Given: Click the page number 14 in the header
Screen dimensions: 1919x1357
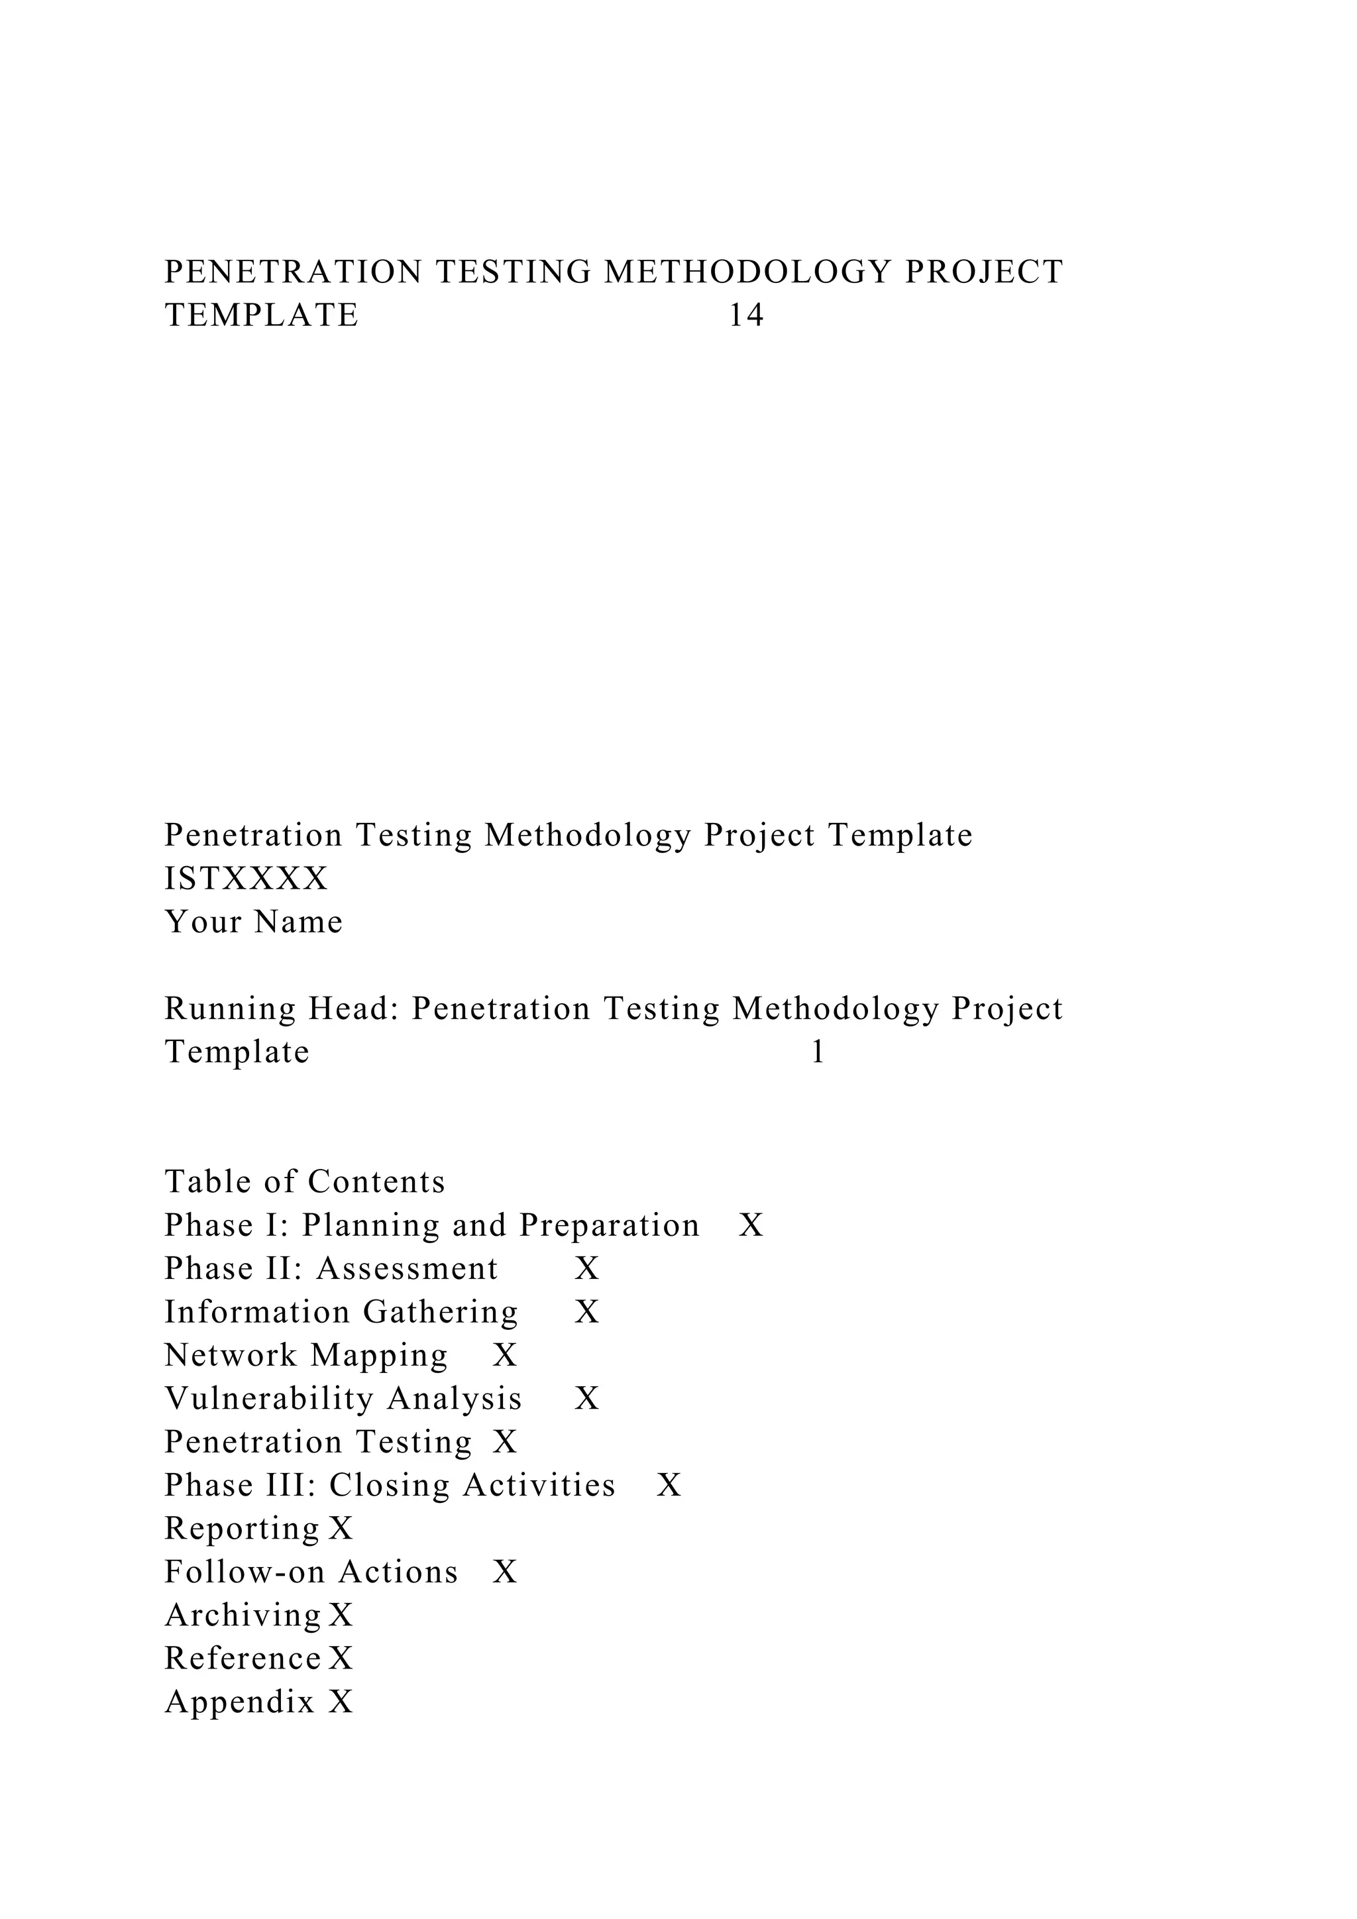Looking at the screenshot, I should click(x=746, y=316).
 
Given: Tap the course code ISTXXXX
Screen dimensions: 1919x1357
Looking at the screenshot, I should click(x=246, y=879).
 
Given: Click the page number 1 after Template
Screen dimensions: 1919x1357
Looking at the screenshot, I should click(x=818, y=1052).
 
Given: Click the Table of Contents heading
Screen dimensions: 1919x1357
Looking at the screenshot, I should click(x=305, y=1183).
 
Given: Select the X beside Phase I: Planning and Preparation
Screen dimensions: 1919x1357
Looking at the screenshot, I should click(x=751, y=1226).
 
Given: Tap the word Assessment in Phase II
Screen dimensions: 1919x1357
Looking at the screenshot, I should click(x=407, y=1270).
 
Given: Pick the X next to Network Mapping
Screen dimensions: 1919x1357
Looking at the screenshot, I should click(x=505, y=1356).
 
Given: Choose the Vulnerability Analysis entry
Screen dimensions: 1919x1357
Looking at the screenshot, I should click(x=343, y=1399).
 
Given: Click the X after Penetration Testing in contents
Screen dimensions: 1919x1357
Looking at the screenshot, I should click(x=505, y=1443).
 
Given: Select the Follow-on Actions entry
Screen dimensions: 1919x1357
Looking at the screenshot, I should click(x=311, y=1573).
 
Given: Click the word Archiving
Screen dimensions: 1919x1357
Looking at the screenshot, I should click(x=243, y=1616).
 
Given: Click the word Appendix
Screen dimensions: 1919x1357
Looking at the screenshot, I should click(x=240, y=1702).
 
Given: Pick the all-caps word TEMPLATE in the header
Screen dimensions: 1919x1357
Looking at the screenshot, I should click(x=262, y=316).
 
